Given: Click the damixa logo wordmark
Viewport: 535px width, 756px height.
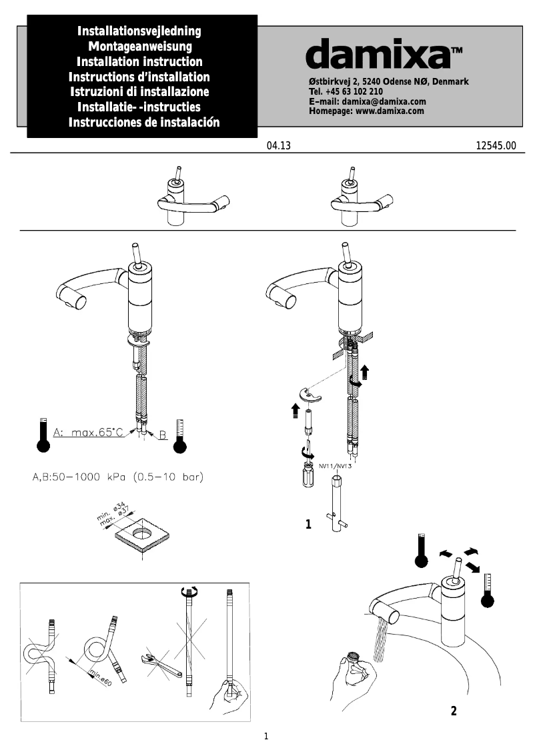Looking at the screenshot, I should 377,54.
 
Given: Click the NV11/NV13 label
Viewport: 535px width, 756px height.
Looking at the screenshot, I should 336,465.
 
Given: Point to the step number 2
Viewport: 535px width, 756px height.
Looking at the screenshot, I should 454,711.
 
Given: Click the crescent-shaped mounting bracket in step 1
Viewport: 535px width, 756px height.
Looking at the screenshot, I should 310,396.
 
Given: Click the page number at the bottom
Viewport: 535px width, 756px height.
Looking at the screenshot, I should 266,737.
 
